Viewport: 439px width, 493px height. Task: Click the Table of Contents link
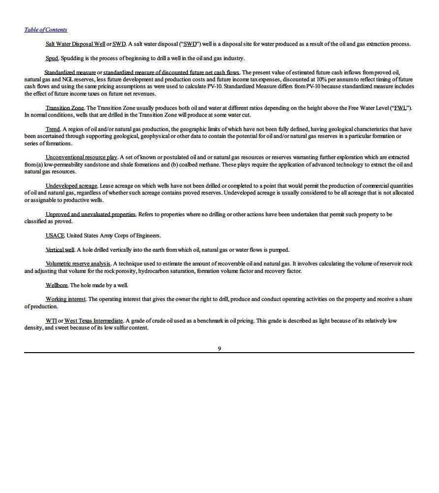click(x=46, y=30)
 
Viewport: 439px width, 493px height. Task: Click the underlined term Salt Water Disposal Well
click(x=75, y=44)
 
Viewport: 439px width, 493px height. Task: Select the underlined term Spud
click(x=52, y=58)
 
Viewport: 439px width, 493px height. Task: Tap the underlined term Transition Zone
click(x=64, y=108)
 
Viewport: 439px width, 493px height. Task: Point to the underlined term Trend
click(x=53, y=129)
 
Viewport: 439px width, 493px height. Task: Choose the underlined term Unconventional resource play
click(x=81, y=157)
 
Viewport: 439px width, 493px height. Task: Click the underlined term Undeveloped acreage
click(x=71, y=186)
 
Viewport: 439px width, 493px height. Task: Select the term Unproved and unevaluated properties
click(x=91, y=214)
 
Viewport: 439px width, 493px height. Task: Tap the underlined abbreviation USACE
click(x=55, y=235)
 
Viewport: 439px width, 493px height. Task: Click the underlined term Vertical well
click(x=60, y=250)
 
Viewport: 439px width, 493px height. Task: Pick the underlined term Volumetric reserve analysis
click(x=78, y=263)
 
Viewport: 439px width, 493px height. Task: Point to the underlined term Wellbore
click(x=56, y=285)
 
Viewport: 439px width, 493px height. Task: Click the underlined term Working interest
click(x=66, y=299)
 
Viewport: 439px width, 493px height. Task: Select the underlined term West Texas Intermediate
click(x=94, y=321)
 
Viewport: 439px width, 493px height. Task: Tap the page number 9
click(x=219, y=349)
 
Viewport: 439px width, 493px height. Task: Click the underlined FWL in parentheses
click(x=400, y=108)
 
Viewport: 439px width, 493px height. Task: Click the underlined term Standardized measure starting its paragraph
click(x=70, y=72)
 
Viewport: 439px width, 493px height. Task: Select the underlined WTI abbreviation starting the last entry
click(x=51, y=321)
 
